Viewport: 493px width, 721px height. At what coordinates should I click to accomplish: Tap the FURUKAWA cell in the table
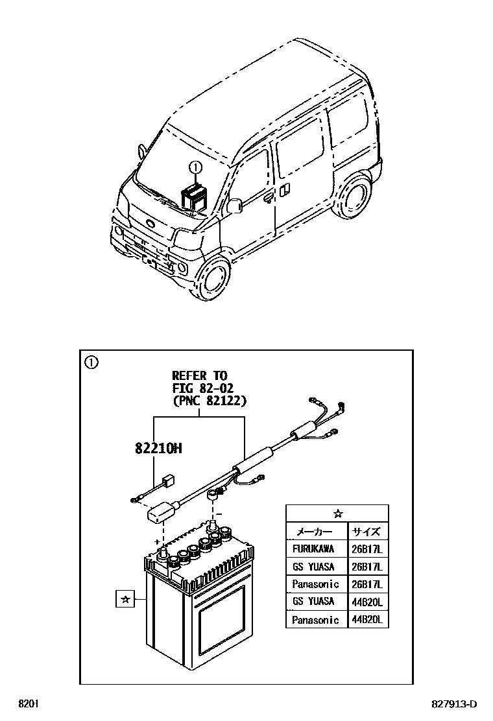[x=313, y=549]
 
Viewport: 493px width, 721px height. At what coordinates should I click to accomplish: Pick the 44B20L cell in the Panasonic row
[x=368, y=620]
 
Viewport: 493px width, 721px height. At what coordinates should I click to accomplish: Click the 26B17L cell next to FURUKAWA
[x=368, y=549]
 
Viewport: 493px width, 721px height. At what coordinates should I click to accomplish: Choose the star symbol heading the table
[x=337, y=514]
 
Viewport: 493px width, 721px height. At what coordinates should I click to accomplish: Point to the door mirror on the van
[x=235, y=206]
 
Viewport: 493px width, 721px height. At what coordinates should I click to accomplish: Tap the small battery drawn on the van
[x=195, y=196]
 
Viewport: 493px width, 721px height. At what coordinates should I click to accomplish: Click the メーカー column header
[x=314, y=531]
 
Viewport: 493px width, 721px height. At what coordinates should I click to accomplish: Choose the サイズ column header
[x=367, y=531]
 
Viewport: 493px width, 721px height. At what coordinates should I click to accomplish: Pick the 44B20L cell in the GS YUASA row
[x=368, y=602]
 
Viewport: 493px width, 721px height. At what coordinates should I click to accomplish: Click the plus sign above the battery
[x=156, y=539]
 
